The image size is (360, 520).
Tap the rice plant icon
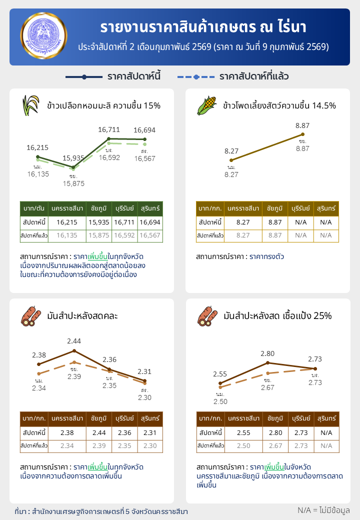coord(31,105)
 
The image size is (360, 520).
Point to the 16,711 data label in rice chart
coord(109,129)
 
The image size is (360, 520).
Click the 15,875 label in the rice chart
coord(73,183)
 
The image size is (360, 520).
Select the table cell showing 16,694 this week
coord(150,222)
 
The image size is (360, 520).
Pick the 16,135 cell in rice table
coord(67,235)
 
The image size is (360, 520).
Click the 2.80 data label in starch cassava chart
coord(267,353)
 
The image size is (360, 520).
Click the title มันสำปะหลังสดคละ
coord(82,316)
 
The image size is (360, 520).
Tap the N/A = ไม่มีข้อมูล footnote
coord(323,510)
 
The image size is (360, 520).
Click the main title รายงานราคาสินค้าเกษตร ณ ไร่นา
coord(203,26)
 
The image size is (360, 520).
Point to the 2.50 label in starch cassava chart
coord(220,401)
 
